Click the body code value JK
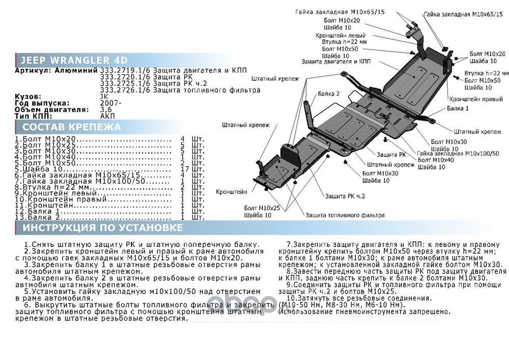click(104, 96)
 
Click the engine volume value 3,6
click(106, 109)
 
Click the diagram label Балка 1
click(458, 109)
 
